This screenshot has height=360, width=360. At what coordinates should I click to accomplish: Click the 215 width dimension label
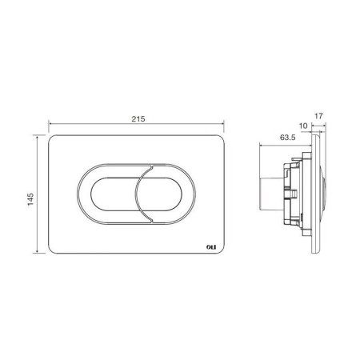138,119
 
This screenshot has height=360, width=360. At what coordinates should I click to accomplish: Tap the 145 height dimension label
30,199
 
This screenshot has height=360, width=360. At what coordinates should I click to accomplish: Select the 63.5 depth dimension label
288,138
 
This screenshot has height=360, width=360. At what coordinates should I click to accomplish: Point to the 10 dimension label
303,126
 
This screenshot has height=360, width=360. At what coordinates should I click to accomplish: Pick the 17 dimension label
318,116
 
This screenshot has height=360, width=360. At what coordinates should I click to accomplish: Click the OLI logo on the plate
211,247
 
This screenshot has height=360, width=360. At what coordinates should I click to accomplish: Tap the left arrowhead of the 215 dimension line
50,124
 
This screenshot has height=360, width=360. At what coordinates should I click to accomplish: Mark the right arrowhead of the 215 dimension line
222,124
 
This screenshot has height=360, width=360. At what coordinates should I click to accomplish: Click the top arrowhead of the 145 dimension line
37,137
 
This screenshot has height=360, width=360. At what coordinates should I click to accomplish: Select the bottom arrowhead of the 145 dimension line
37,251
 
